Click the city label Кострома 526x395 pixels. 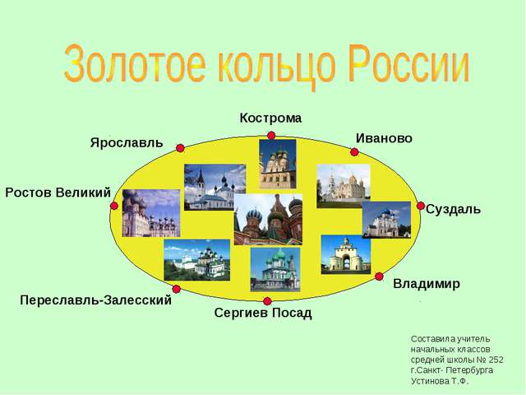tap(270, 118)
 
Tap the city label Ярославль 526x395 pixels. tap(127, 142)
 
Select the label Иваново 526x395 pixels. tap(384, 138)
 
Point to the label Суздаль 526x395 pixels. tap(453, 210)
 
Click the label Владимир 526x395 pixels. tap(427, 284)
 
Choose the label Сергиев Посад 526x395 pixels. tap(263, 313)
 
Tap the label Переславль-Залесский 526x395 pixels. tap(95, 300)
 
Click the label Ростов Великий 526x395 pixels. tap(58, 193)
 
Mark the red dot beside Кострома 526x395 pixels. tap(271, 135)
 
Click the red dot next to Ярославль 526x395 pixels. tap(180, 148)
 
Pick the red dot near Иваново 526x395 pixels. tap(354, 152)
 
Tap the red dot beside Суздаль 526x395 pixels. tap(421, 206)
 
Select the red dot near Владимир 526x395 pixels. tap(379, 276)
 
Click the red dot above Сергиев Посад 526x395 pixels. tap(267, 301)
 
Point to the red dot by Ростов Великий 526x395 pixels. tap(114, 206)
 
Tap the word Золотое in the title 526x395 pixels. tap(135, 64)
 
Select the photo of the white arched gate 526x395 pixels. tap(346, 254)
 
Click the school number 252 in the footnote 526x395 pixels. tap(496, 360)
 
